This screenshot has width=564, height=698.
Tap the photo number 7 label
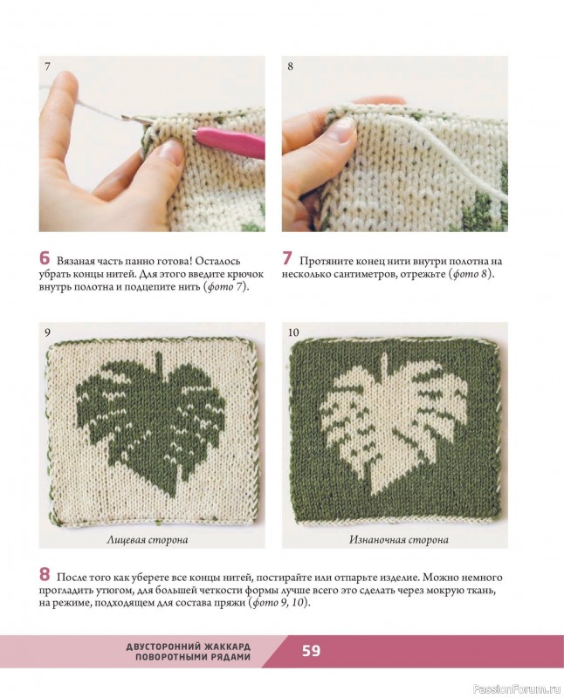pos(47,66)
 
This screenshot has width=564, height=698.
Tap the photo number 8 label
pos(290,66)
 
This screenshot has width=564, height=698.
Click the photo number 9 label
pos(47,332)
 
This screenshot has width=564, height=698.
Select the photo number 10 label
pos(293,332)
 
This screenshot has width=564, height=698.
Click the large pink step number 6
pos(45,258)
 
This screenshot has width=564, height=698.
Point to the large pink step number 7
pos(287,258)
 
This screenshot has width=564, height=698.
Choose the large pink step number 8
pos(45,574)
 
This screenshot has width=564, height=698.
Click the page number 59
pos(311,651)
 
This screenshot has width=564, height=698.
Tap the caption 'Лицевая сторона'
pos(148,540)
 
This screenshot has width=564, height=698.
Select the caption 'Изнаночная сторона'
pos(399,540)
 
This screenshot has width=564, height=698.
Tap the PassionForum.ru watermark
pos(517,689)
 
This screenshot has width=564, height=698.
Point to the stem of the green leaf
pos(157,361)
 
